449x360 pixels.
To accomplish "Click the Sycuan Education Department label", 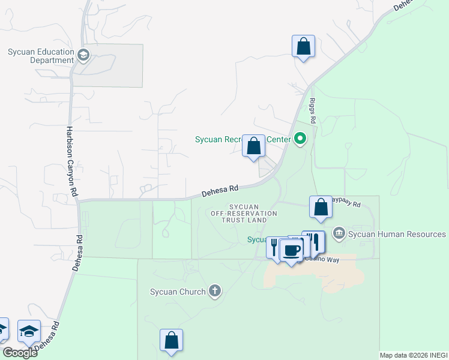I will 41,56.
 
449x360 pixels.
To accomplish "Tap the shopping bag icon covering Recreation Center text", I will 253,146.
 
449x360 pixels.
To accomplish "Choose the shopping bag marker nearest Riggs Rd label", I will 303,46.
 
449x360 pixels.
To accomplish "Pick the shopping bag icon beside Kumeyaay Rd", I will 321,207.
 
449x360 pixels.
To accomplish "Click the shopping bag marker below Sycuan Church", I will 171,340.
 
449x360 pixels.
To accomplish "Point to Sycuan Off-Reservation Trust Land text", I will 244,213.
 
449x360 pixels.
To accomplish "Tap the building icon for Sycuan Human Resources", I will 339,233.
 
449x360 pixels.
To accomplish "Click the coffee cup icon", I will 291,250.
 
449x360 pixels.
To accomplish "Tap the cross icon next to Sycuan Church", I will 215,292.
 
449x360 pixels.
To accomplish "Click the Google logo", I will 20,353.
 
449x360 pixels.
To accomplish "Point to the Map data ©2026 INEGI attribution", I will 414,355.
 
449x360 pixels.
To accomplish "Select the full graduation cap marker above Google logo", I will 29,331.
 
